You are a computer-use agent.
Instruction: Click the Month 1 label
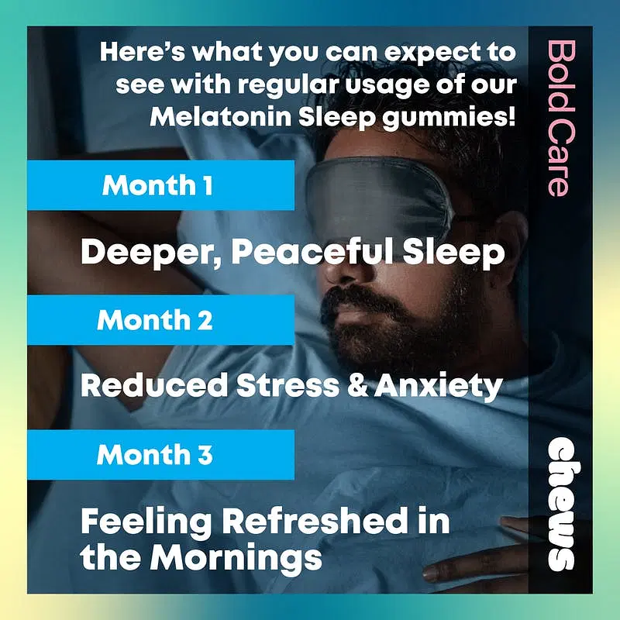157,185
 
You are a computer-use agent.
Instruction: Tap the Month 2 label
154,319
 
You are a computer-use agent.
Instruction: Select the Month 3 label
154,454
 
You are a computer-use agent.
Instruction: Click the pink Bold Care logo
560,119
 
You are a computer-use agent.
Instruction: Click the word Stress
288,385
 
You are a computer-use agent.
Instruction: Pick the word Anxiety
439,386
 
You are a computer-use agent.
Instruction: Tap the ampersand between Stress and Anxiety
357,385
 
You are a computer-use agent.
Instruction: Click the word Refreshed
315,520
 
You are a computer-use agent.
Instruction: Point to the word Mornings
236,558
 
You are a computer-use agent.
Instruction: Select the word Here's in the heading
143,51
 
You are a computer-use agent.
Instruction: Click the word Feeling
146,522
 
